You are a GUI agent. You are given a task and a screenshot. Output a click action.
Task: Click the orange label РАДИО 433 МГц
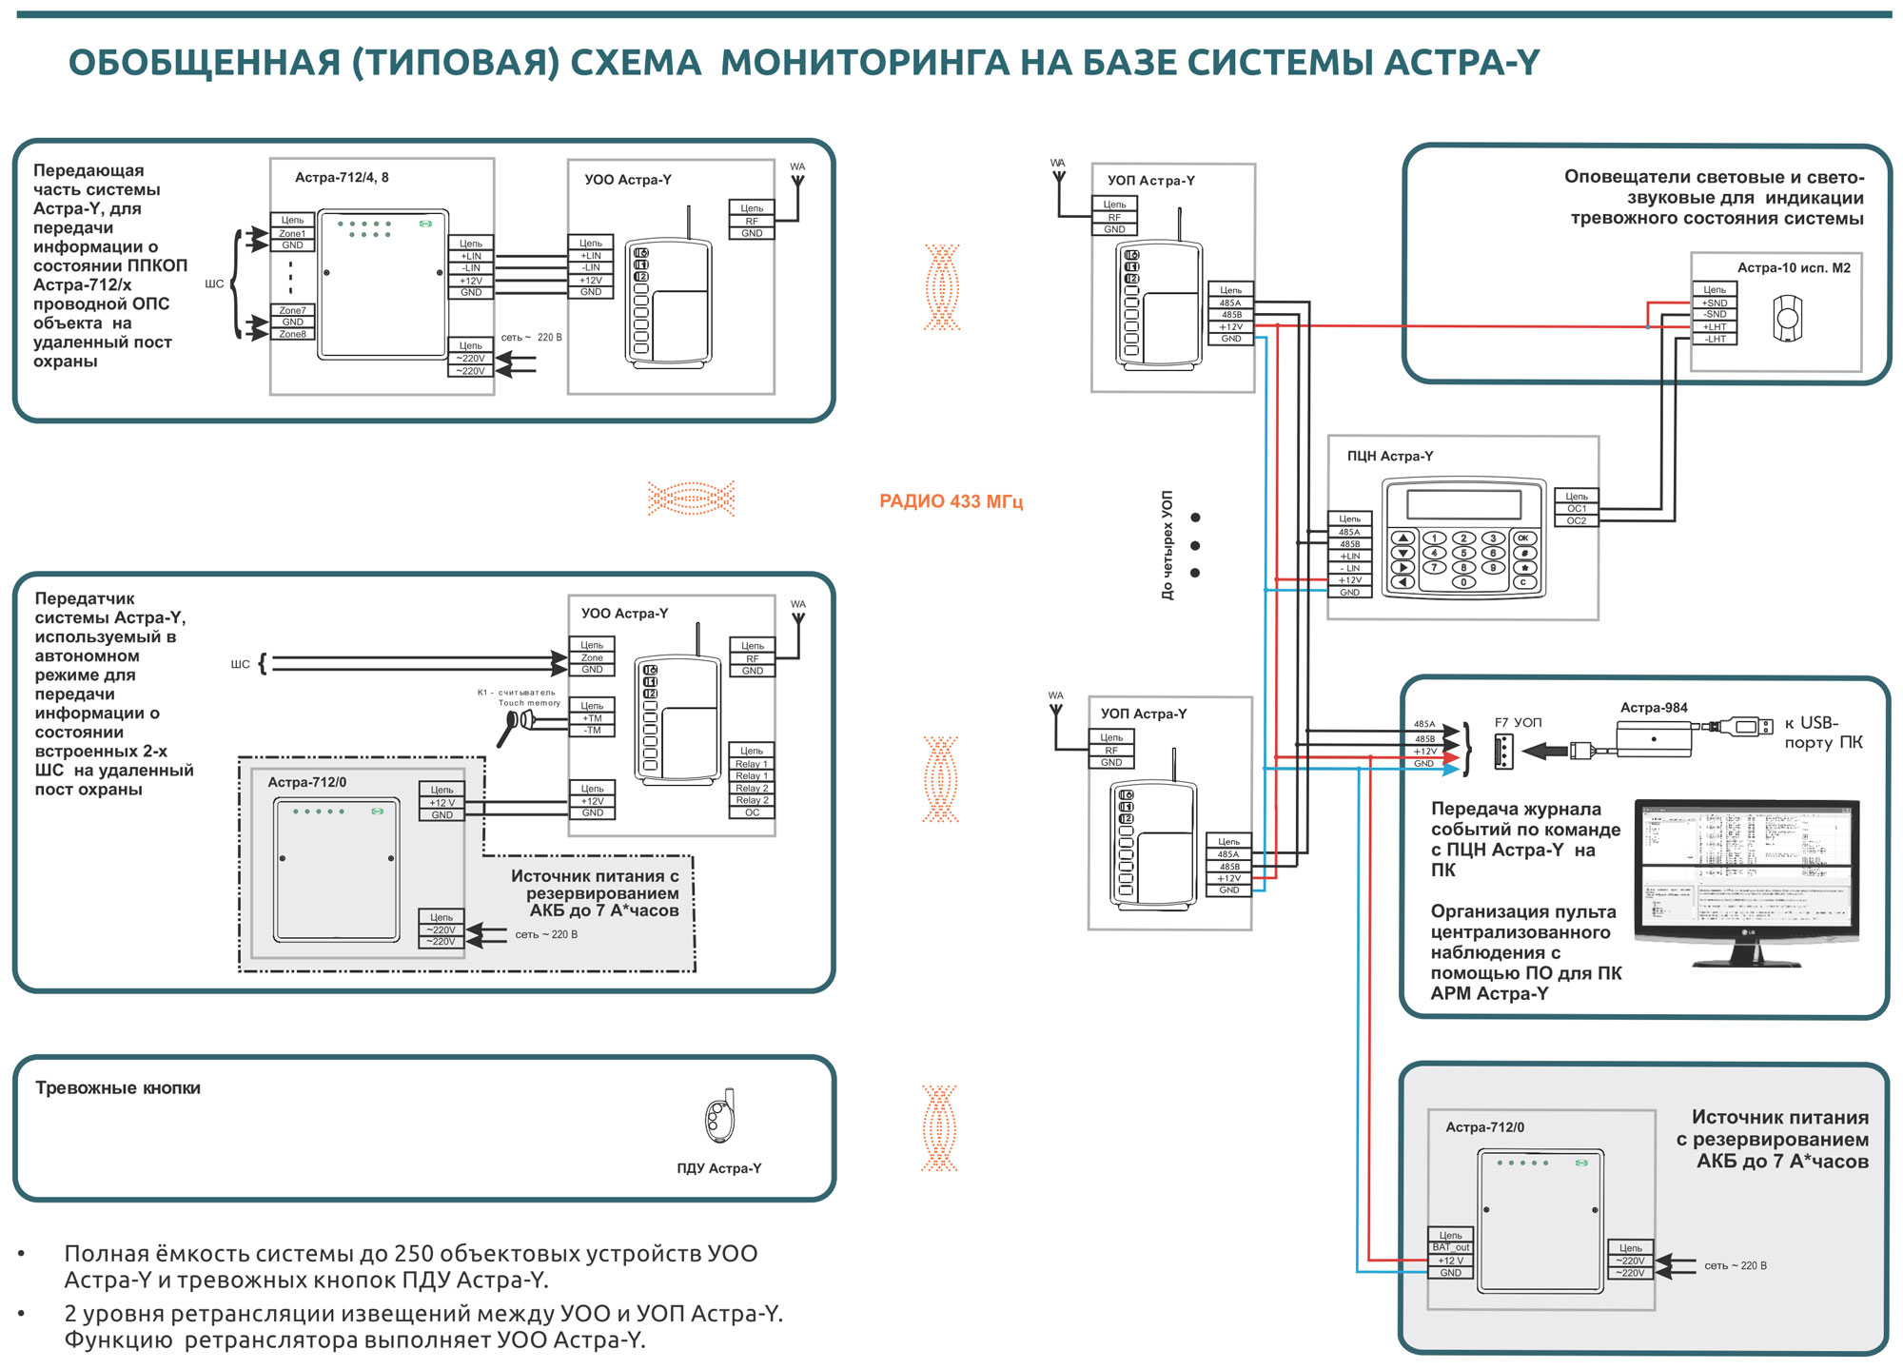[x=951, y=501]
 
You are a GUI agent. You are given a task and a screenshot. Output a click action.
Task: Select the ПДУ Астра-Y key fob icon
[x=720, y=1117]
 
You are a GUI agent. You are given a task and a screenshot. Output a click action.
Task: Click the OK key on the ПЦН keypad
[x=1523, y=538]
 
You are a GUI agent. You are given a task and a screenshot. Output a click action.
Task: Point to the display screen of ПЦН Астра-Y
[x=1463, y=504]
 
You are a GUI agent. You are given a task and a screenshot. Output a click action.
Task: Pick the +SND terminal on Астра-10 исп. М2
[x=1715, y=303]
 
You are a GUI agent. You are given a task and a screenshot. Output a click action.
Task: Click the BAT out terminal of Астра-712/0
[x=1451, y=1247]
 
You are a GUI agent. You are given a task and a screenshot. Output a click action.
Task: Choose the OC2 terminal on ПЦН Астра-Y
[x=1577, y=520]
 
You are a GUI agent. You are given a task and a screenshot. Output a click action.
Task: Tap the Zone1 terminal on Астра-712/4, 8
[x=292, y=233]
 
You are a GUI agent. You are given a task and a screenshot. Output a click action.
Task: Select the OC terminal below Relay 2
[x=752, y=812]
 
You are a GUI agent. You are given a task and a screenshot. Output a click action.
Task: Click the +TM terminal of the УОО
[x=592, y=718]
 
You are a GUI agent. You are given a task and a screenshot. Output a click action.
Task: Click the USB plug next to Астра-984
[x=1747, y=727]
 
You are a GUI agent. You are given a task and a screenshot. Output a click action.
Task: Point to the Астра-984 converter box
[x=1654, y=738]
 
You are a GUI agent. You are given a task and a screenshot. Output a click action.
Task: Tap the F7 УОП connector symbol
[x=1503, y=751]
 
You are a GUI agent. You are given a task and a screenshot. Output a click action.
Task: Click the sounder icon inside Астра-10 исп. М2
[x=1788, y=318]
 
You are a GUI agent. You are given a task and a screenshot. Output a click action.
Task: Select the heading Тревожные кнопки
[x=118, y=1088]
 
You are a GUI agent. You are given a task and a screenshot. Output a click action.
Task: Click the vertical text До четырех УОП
[x=1167, y=545]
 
